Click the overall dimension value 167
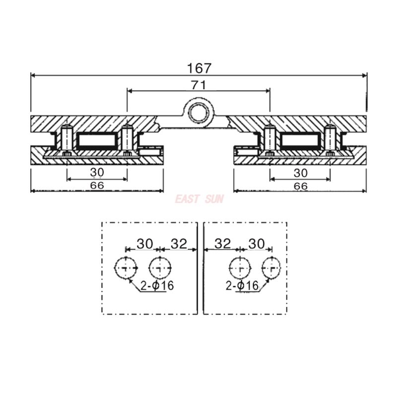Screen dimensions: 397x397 point(199,68)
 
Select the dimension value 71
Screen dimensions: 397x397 point(199,85)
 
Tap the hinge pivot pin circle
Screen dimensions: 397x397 point(199,113)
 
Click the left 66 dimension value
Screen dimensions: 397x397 point(97,185)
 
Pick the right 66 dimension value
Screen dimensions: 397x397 point(301,186)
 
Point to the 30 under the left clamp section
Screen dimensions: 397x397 point(97,172)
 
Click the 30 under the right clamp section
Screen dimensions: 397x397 point(301,173)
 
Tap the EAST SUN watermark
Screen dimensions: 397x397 point(199,199)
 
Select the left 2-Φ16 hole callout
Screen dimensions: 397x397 point(157,286)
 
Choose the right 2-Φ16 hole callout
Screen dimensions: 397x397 point(242,286)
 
